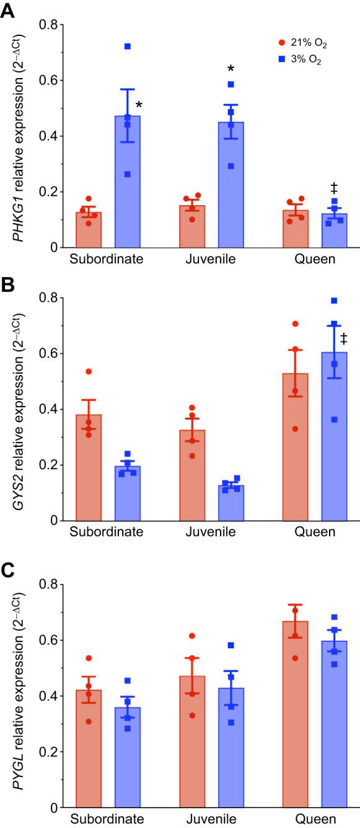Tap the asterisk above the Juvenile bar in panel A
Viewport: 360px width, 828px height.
[230, 69]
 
